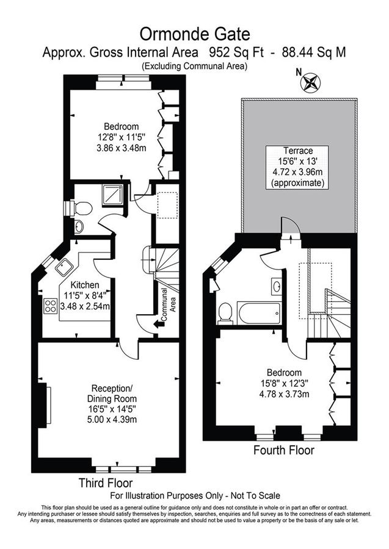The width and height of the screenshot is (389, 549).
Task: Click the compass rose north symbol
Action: pos(310,82)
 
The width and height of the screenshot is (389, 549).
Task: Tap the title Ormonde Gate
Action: pos(195,34)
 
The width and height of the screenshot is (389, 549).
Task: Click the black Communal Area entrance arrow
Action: pos(159,325)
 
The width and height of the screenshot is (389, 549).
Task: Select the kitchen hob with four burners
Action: pos(51,306)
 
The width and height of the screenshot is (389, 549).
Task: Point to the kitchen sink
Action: pos(64,268)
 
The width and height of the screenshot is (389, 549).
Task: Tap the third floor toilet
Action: pos(81,209)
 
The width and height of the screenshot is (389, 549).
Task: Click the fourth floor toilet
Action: pos(225,313)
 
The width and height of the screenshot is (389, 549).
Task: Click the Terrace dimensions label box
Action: pos(297,167)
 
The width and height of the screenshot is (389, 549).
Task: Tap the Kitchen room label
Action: pos(85,285)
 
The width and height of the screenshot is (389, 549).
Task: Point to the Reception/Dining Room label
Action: pos(112,393)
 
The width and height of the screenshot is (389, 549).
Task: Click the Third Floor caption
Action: pos(106,483)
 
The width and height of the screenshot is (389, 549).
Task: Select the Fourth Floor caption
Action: pos(284,450)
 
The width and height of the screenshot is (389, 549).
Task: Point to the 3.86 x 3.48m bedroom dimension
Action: pos(122,148)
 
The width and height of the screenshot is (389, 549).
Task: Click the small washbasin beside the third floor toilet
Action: pos(79,226)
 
